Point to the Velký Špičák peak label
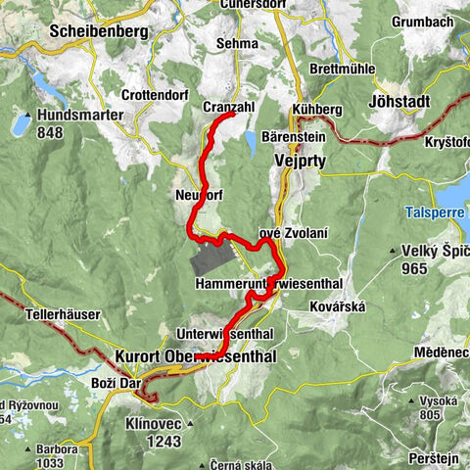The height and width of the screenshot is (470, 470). (x=432, y=251)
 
